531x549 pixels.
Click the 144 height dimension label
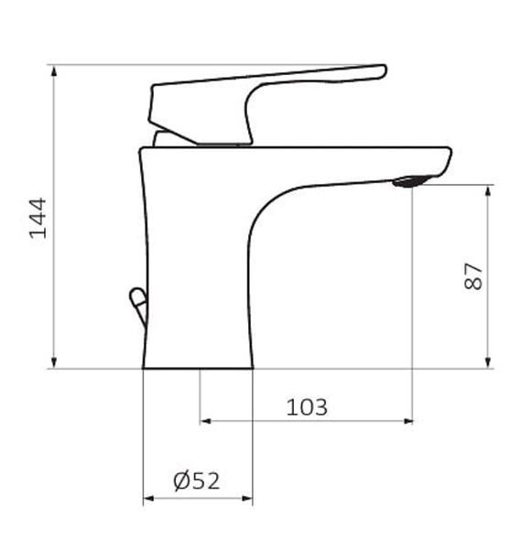click(38, 218)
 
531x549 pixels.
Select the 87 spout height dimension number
click(472, 276)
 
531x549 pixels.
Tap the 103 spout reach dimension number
click(307, 407)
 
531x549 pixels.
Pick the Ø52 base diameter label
click(197, 480)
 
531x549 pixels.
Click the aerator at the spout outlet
click(410, 181)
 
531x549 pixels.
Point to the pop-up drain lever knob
click(138, 304)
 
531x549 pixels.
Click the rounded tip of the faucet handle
click(383, 71)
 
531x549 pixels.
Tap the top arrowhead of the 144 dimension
click(54, 70)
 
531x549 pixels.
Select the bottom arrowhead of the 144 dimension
click(54, 362)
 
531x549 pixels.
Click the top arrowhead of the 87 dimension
click(488, 191)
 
